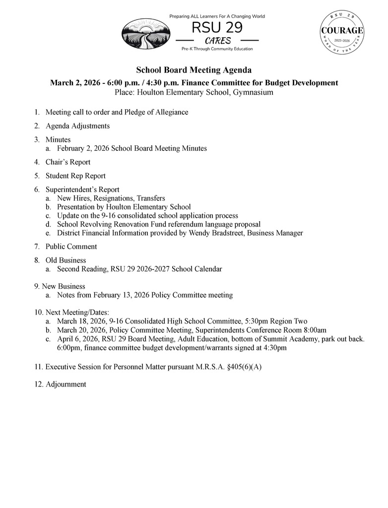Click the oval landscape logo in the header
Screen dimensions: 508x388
coord(146,34)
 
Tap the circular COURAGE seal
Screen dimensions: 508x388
coord(342,33)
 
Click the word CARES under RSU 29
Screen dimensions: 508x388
coord(218,41)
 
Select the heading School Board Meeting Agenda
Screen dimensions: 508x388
coord(194,70)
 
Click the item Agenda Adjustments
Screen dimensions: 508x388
coord(77,126)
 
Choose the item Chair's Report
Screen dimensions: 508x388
coord(68,162)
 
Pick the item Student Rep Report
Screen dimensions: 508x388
coord(75,176)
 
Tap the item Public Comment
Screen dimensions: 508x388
coord(71,247)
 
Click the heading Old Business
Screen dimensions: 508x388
coord(65,260)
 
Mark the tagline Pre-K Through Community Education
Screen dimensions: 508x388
coord(217,49)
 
